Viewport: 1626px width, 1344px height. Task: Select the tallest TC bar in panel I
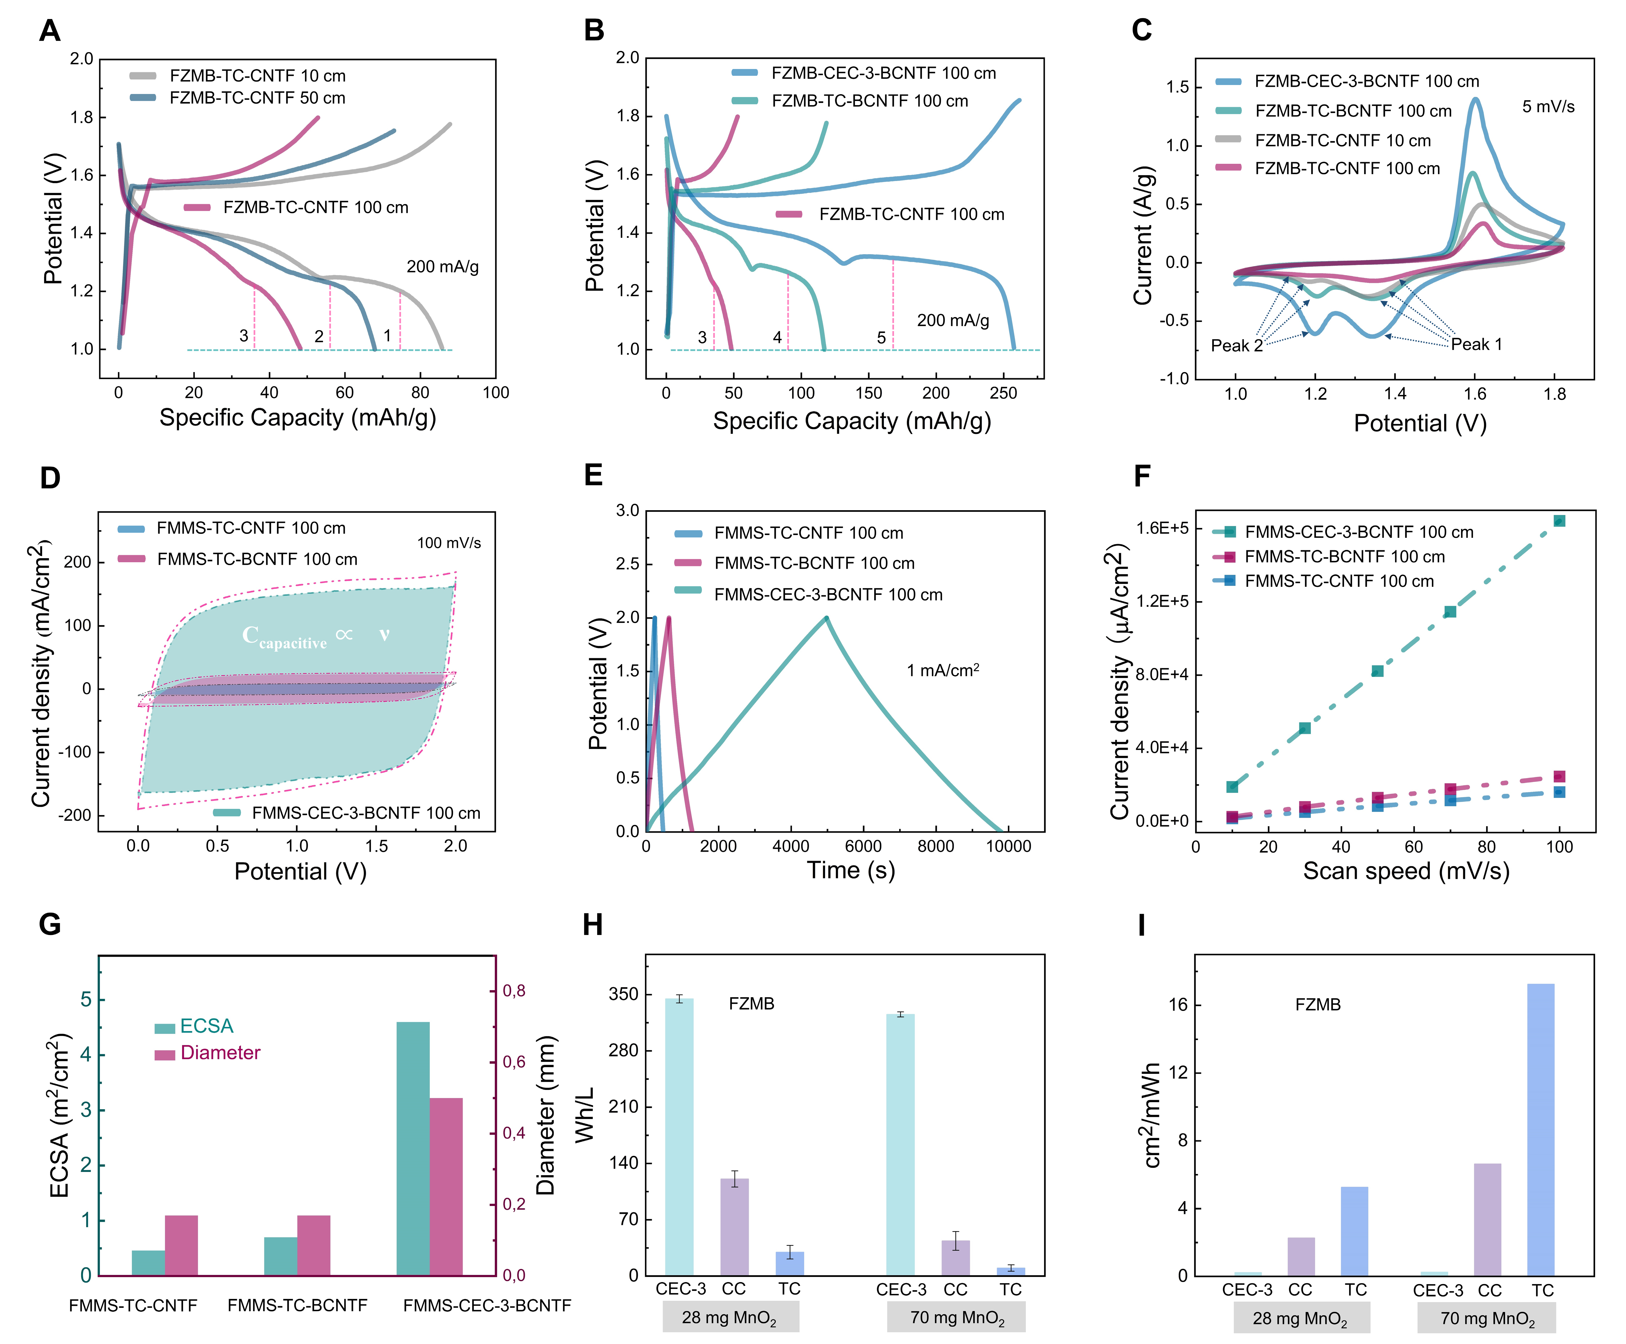1540,1130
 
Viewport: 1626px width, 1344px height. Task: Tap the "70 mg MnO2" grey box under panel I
1487,1318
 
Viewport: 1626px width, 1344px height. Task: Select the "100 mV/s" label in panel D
449,543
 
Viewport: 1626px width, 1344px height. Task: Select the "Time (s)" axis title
851,870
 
